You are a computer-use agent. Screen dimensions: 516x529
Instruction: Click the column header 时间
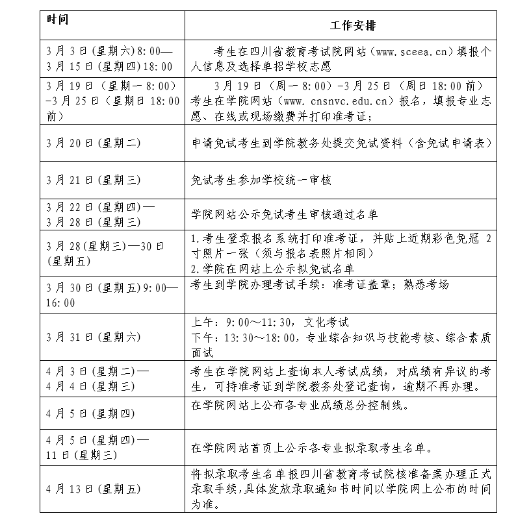57,18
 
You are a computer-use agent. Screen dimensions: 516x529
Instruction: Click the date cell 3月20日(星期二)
94,143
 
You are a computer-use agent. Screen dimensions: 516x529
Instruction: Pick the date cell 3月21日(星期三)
94,180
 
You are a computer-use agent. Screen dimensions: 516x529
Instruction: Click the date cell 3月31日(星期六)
94,337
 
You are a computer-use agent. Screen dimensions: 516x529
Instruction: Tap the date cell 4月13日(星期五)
94,489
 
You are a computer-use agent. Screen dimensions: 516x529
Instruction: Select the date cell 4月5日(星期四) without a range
91,413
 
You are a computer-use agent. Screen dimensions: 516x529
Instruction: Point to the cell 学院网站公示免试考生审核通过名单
284,214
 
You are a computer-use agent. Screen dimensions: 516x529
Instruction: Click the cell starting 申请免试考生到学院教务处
341,143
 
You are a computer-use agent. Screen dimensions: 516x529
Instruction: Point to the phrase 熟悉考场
426,285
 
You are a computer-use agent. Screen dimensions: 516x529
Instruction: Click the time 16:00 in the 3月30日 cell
60,302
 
